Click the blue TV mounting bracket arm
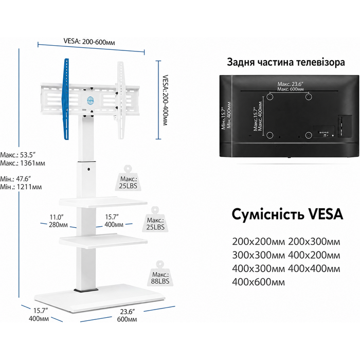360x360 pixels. (66, 99)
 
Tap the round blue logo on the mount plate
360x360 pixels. (90, 100)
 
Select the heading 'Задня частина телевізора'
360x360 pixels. (286, 62)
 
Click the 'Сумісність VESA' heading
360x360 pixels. (287, 214)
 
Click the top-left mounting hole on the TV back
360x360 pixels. (270, 97)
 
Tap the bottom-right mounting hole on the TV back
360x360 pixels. (309, 135)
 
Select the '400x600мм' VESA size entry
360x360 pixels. (258, 282)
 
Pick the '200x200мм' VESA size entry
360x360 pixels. (258, 242)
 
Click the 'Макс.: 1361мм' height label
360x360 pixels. (23, 163)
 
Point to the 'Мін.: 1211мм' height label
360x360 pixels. (21, 187)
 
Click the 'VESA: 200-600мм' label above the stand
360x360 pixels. (89, 42)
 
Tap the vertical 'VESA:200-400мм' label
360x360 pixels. (165, 100)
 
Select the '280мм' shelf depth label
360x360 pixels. (58, 225)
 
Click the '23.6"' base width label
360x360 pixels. (127, 312)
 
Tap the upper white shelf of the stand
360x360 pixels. (103, 203)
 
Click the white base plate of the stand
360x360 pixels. (100, 298)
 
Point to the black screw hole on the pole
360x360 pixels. (88, 169)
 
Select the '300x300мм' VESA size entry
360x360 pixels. (258, 255)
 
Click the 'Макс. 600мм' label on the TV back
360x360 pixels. (290, 89)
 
